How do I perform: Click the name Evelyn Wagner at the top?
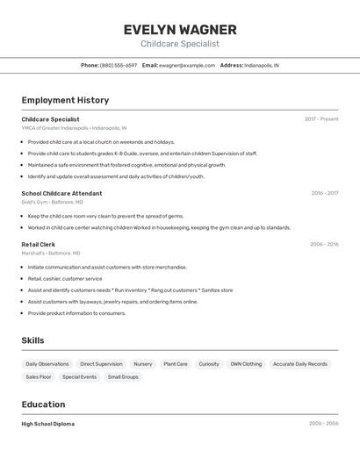coord(180,30)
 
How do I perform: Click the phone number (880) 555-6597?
coord(119,65)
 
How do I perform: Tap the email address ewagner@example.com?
coord(186,65)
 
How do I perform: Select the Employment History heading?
coord(65,100)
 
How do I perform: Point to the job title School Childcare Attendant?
coord(61,193)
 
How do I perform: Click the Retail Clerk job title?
coord(39,245)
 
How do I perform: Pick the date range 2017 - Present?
coord(321,119)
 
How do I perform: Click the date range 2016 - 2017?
coord(324,193)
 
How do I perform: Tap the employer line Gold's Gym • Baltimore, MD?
coord(53,202)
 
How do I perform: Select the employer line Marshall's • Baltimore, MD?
coord(51,254)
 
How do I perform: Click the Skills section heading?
coord(32,340)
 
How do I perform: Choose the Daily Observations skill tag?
coord(47,364)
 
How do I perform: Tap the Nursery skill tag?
coord(142,364)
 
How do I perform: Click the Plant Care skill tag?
coord(176,364)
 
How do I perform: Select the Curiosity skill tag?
coord(209,364)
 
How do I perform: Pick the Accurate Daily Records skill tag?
coord(299,364)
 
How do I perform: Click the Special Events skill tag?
coord(80,377)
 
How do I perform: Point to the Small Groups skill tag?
coord(123,377)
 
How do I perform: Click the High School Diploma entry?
coord(48,424)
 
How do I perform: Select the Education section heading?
coord(43,404)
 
